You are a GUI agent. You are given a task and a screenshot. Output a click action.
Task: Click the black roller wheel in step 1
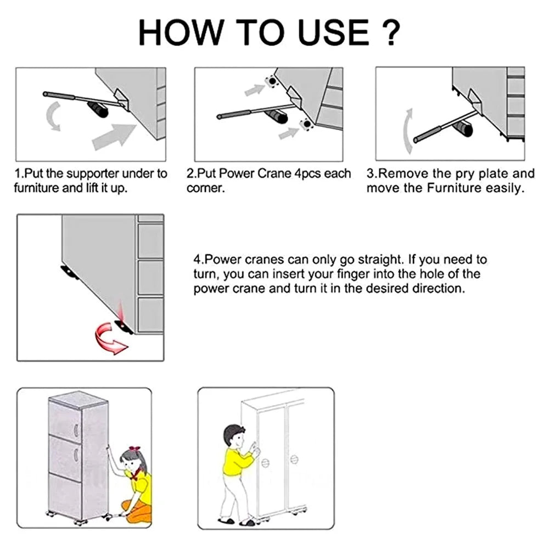pyautogui.click(x=102, y=110)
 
